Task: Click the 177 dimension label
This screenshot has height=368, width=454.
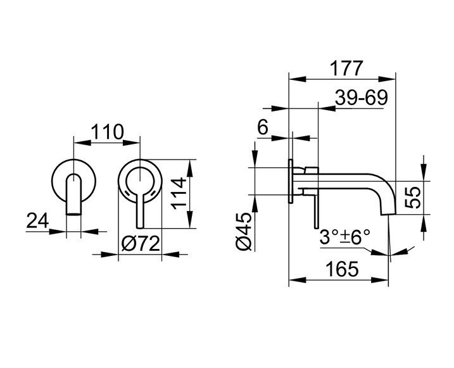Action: (346, 68)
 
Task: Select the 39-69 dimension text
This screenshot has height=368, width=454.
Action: (362, 98)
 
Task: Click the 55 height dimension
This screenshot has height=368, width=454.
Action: (413, 198)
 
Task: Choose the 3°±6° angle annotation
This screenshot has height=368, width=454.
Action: (345, 237)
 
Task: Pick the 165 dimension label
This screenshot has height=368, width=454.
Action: (342, 269)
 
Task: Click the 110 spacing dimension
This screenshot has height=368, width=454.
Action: (108, 132)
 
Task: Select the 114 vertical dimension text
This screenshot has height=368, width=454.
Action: (179, 193)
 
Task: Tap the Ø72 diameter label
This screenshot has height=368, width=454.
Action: (141, 244)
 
